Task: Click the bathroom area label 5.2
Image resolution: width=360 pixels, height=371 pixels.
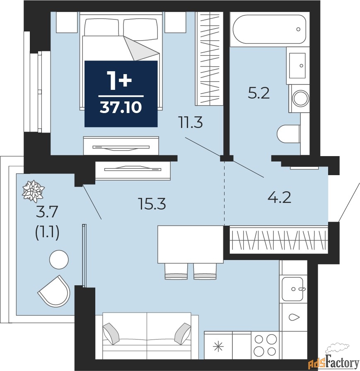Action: pos(259,94)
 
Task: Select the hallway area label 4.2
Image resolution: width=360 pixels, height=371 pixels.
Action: pos(279,198)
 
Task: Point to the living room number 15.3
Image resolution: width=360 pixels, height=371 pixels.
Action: pos(152,204)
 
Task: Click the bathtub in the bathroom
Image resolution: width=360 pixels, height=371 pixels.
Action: pos(269,29)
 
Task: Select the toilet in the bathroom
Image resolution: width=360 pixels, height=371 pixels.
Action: pos(288,134)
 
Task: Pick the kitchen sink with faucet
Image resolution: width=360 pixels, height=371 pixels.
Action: pos(293,289)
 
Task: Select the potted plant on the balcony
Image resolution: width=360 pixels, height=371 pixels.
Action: pos(34,191)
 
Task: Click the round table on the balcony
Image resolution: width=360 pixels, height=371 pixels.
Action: pos(59,259)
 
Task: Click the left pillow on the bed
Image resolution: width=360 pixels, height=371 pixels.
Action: pos(101,27)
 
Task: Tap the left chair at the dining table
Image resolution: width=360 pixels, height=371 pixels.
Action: pos(176,271)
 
